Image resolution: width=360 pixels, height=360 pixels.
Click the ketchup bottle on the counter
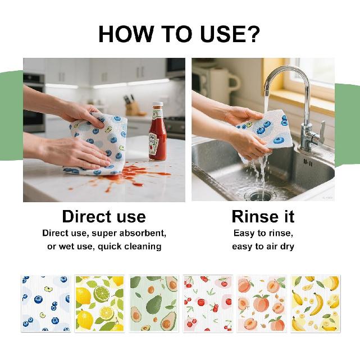pyautogui.click(x=156, y=135)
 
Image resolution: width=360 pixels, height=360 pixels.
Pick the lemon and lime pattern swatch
pyautogui.click(x=99, y=303)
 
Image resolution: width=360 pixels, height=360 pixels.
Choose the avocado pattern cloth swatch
pyautogui.click(x=153, y=303)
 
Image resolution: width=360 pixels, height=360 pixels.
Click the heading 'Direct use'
pyautogui.click(x=104, y=217)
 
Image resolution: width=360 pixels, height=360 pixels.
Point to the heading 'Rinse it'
pyautogui.click(x=263, y=217)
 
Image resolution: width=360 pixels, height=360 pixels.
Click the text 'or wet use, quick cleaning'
pyautogui.click(x=104, y=247)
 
